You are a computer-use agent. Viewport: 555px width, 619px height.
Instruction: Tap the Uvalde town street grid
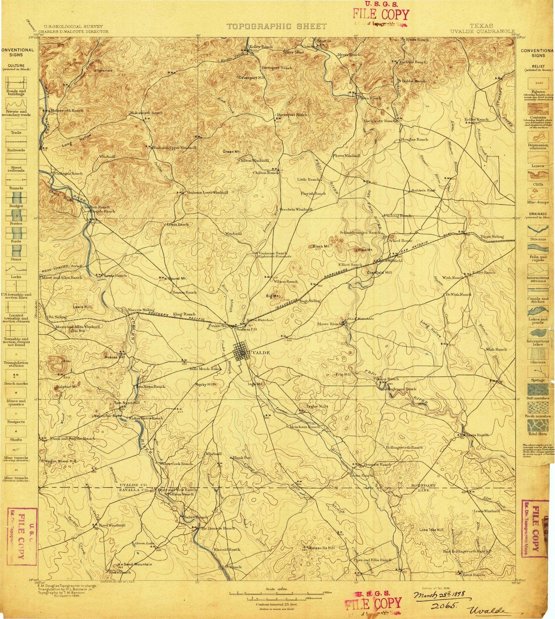pos(241,352)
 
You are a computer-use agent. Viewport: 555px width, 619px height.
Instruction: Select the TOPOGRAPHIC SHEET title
pos(277,26)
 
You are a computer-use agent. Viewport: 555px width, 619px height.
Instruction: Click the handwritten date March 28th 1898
pos(441,594)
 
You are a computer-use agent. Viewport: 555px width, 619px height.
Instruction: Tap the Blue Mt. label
pos(365,250)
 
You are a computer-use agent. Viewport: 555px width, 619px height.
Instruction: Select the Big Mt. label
pos(272,296)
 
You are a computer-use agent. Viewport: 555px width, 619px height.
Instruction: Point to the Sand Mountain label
pos(138,564)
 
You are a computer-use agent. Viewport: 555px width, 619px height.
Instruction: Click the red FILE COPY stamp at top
pos(381,15)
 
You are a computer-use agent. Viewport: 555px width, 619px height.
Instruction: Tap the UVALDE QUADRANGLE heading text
pos(482,31)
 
